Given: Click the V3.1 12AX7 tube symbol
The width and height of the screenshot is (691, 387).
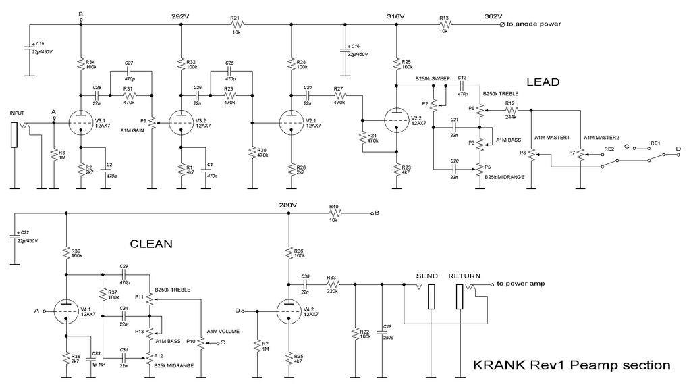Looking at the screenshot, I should click(x=80, y=122).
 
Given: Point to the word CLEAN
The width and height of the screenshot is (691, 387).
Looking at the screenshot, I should click(x=152, y=243).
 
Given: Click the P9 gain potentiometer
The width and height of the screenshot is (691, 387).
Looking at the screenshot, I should click(x=151, y=122).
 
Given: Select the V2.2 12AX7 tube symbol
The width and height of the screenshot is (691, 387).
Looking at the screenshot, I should click(x=395, y=122).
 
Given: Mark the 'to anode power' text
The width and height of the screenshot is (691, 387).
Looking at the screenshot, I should click(x=534, y=24).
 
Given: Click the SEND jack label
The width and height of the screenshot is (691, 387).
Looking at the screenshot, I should click(x=428, y=276).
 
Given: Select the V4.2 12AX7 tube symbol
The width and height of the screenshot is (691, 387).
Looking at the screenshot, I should click(x=289, y=312).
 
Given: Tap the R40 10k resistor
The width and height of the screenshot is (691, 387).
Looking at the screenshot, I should click(x=333, y=213).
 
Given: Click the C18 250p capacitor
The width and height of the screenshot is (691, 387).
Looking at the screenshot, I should click(x=382, y=332).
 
